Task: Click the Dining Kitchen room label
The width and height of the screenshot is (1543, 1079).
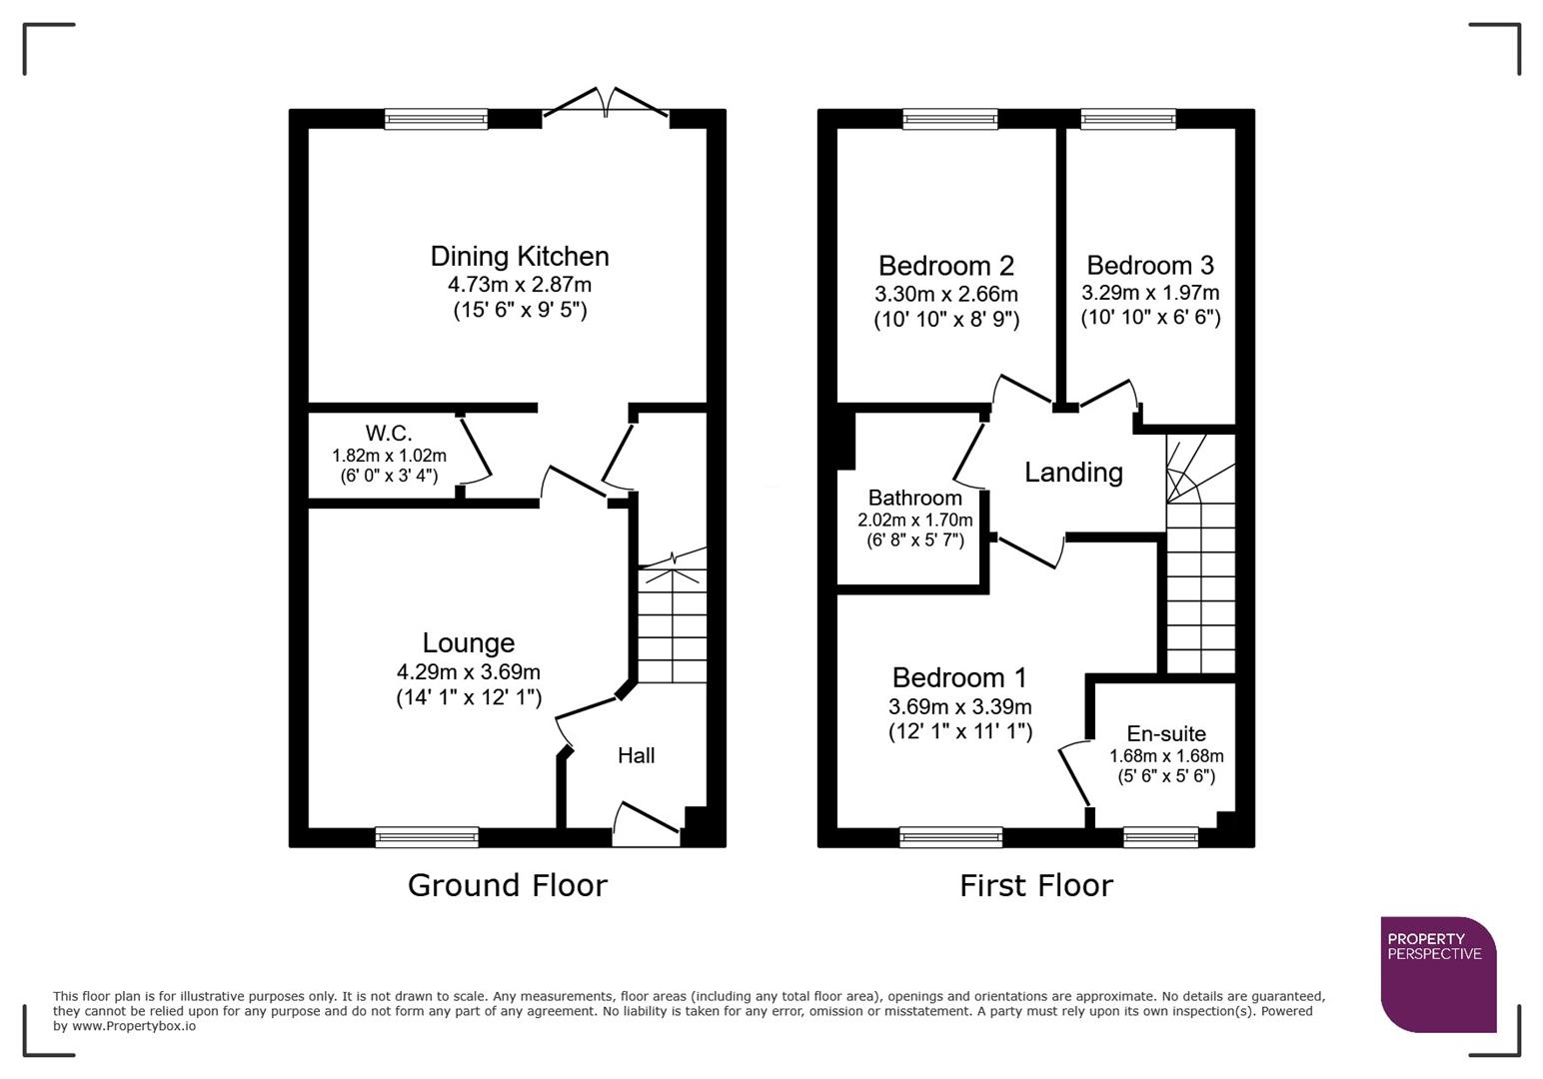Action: tap(519, 257)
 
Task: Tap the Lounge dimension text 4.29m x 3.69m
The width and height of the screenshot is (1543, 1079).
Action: tap(468, 672)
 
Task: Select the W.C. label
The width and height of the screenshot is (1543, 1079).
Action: tap(389, 434)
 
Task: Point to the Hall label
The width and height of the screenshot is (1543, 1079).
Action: tap(636, 756)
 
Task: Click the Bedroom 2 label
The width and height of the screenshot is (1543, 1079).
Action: tap(945, 266)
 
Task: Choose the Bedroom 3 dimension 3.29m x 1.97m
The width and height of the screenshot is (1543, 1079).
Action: tap(1150, 293)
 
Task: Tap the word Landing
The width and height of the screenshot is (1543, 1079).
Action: tap(1073, 473)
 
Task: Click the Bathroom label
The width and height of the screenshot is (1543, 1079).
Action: tap(914, 498)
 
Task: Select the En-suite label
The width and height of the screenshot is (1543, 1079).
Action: tap(1166, 734)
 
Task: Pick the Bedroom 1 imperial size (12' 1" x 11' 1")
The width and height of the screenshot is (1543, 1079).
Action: tap(959, 731)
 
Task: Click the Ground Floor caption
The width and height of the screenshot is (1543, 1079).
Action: tap(507, 886)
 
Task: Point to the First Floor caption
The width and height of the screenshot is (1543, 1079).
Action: tap(1035, 886)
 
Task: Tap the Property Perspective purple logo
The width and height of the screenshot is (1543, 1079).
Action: tap(1437, 973)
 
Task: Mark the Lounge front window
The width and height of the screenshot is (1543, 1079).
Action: tap(427, 837)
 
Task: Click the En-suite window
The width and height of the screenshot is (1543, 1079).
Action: tap(1160, 837)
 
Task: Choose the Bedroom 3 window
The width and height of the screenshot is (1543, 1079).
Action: tap(1128, 119)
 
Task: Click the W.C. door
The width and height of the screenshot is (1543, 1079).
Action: tap(476, 450)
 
